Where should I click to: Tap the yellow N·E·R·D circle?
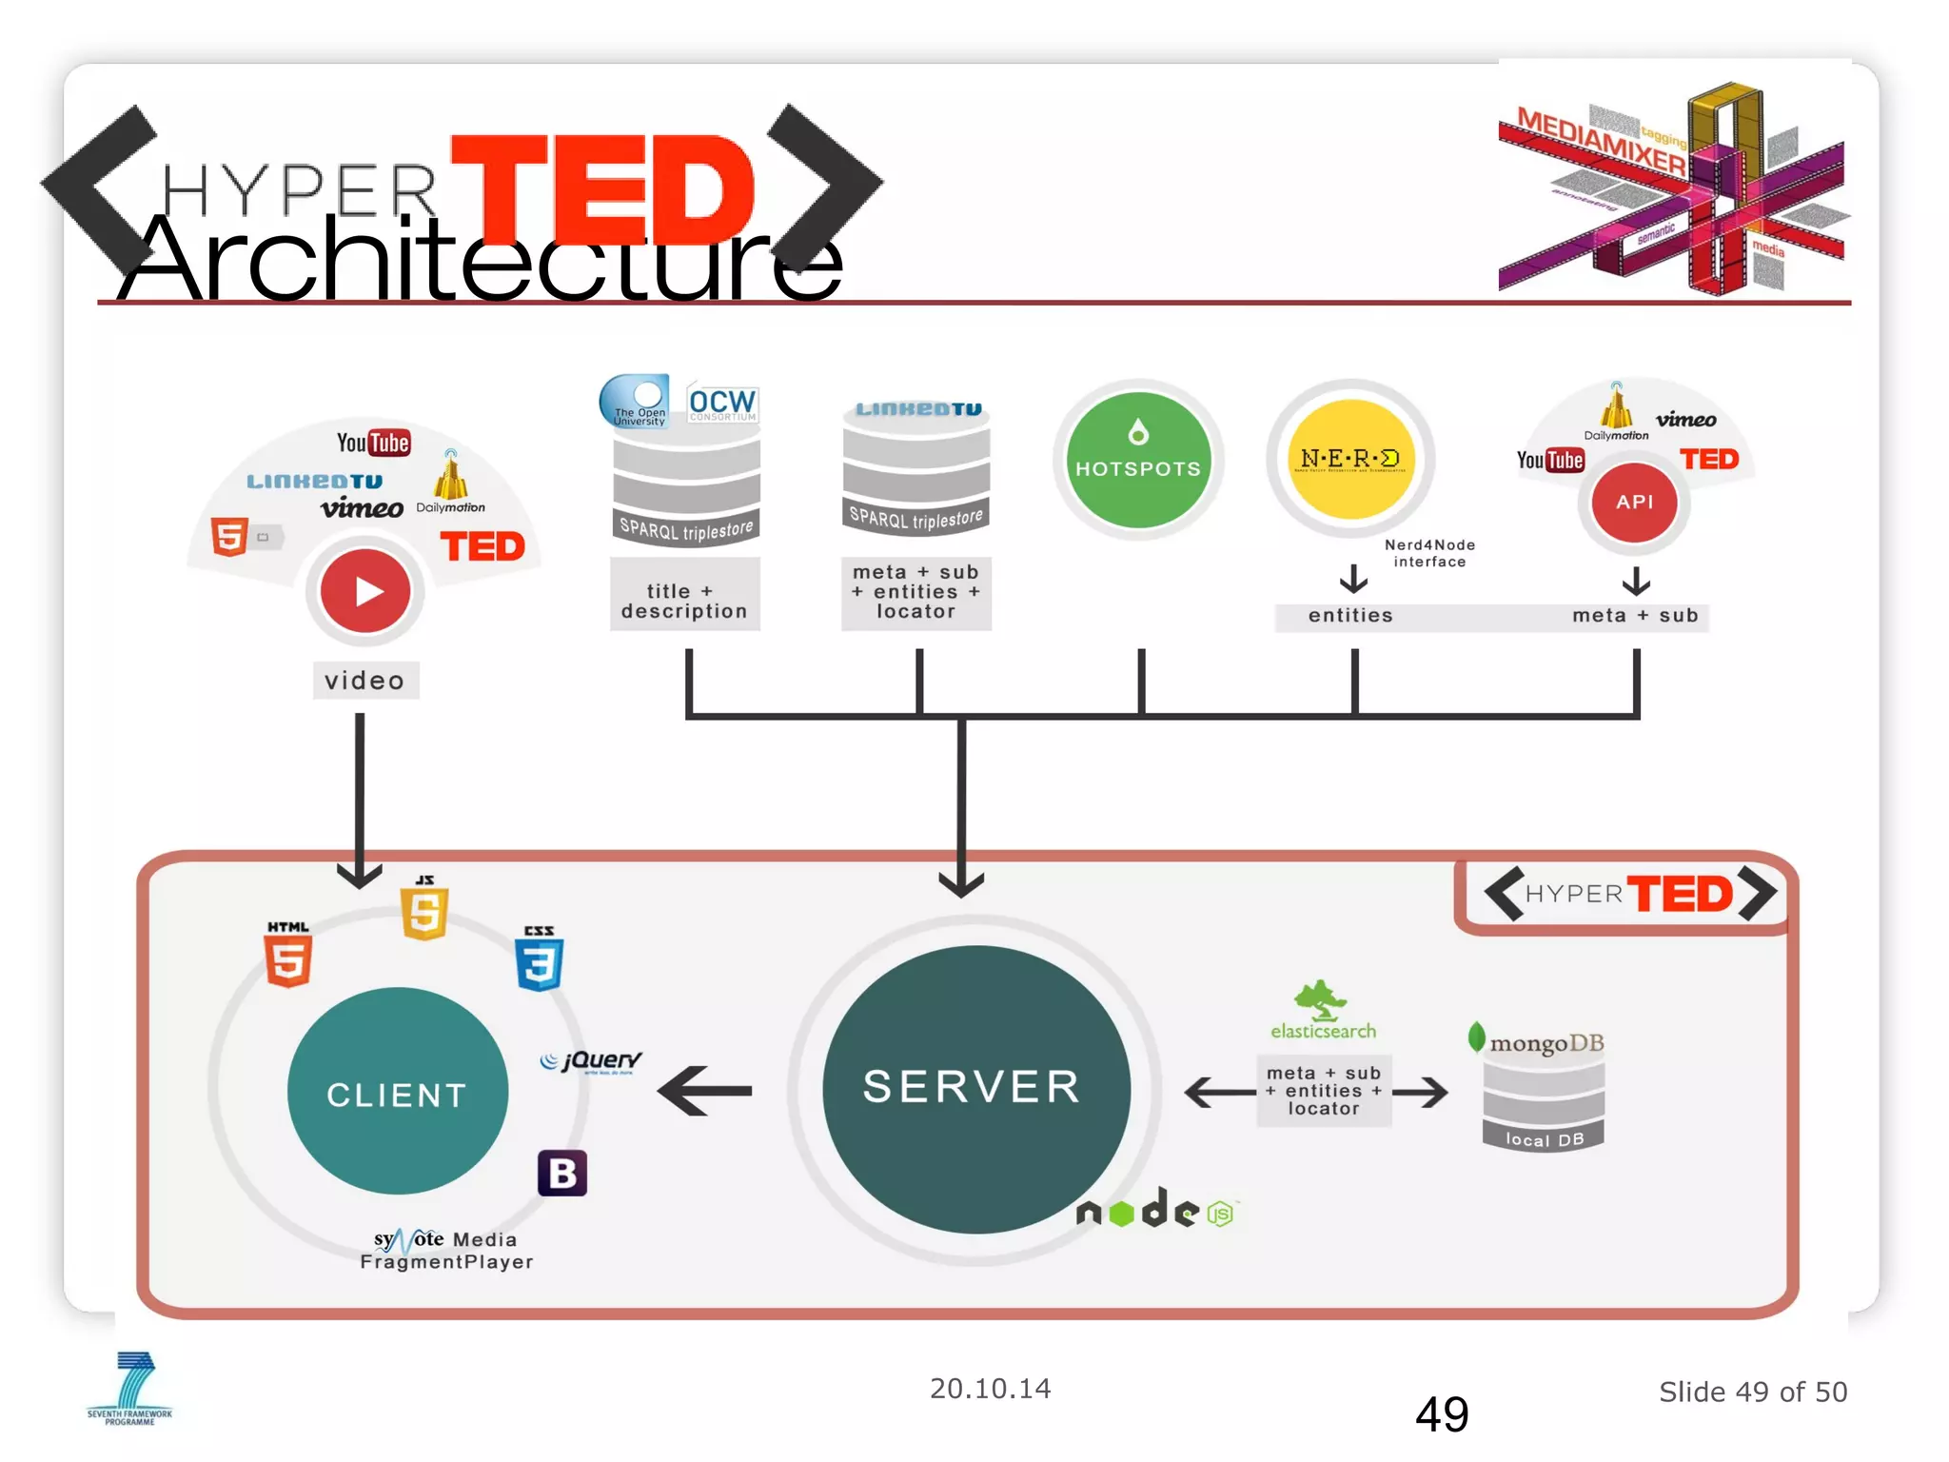(x=1349, y=460)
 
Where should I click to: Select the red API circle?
(x=1634, y=502)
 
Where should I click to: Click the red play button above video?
(x=364, y=591)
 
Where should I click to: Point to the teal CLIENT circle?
(x=397, y=1092)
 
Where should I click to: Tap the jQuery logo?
(x=592, y=1060)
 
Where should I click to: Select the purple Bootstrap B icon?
(x=561, y=1173)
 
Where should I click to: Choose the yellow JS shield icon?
(x=424, y=911)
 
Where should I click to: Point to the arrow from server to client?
(x=705, y=1091)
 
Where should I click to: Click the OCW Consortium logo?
(x=721, y=404)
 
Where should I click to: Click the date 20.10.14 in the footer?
(x=990, y=1389)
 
